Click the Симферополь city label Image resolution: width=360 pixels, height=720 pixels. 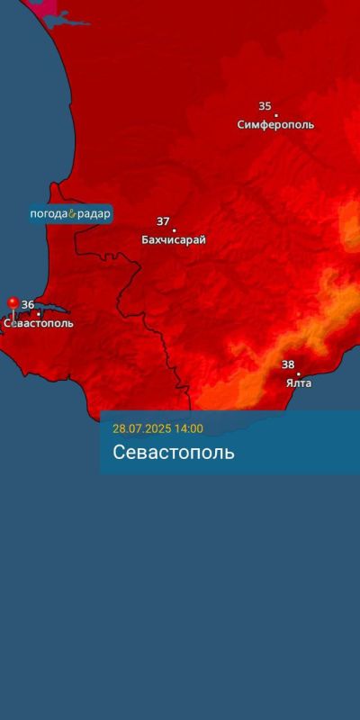275,125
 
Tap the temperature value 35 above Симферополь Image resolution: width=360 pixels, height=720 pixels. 265,106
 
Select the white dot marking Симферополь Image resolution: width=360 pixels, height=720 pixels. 275,115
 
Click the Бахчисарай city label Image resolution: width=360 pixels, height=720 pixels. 174,240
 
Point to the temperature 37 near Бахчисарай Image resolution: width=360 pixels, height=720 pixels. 163,221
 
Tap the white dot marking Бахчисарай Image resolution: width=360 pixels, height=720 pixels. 174,230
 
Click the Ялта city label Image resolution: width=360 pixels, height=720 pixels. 299,383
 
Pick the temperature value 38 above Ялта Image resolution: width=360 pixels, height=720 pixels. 288,364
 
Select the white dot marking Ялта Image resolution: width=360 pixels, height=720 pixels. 299,373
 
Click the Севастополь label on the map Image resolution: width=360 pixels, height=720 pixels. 39,323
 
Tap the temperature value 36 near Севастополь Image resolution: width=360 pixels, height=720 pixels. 28,305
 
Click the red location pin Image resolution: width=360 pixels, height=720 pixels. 13,304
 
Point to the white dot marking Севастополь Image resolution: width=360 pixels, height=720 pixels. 38,314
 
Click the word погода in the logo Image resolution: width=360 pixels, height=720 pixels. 49,215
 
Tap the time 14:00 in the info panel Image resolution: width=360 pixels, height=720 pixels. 189,428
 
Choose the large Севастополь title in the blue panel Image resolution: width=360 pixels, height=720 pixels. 174,452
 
